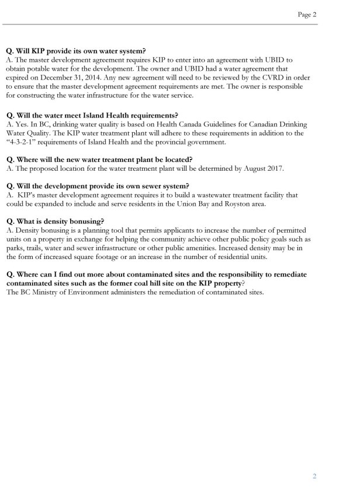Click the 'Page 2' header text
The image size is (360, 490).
point(306,15)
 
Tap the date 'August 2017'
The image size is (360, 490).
point(259,168)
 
